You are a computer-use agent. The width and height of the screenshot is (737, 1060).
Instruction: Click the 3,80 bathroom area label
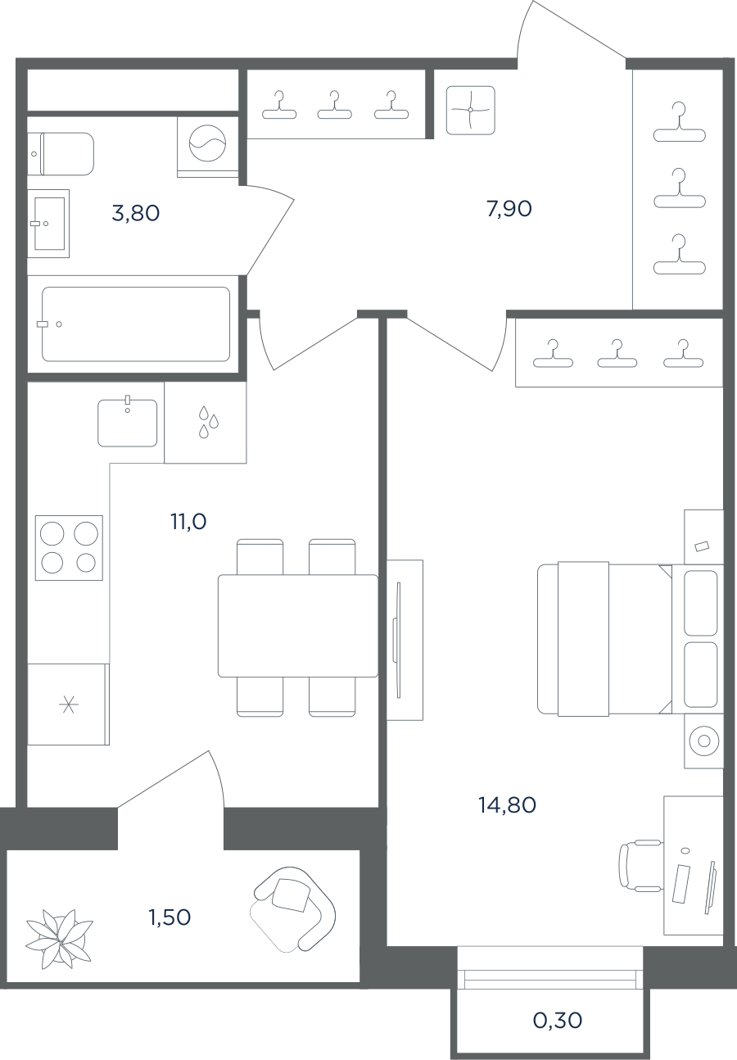pyautogui.click(x=136, y=214)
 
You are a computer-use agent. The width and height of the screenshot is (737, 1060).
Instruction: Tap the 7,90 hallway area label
pyautogui.click(x=509, y=209)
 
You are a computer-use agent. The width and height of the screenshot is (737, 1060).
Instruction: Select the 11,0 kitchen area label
pyautogui.click(x=188, y=522)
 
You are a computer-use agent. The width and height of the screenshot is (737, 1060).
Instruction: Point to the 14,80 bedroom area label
pyautogui.click(x=507, y=805)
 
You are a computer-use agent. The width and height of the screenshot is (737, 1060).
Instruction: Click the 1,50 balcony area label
pyautogui.click(x=170, y=917)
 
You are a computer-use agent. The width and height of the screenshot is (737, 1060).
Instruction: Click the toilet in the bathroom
pyautogui.click(x=61, y=154)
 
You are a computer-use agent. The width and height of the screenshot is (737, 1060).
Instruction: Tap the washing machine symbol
pyautogui.click(x=208, y=143)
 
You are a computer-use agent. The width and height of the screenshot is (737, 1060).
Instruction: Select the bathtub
pyautogui.click(x=136, y=324)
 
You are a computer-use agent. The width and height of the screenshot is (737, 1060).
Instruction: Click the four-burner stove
pyautogui.click(x=69, y=548)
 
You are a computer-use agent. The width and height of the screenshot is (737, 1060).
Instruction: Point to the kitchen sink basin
pyautogui.click(x=127, y=423)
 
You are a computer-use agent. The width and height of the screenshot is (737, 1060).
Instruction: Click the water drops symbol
pyautogui.click(x=208, y=422)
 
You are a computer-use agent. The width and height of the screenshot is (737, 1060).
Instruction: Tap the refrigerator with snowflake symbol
pyautogui.click(x=68, y=704)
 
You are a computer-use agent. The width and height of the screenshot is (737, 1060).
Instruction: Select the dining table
pyautogui.click(x=298, y=626)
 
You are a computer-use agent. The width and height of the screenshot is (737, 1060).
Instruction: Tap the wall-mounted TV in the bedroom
pyautogui.click(x=397, y=640)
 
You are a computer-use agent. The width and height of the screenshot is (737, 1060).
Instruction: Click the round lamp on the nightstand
pyautogui.click(x=704, y=741)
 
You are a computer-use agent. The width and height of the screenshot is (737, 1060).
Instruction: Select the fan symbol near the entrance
pyautogui.click(x=471, y=110)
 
